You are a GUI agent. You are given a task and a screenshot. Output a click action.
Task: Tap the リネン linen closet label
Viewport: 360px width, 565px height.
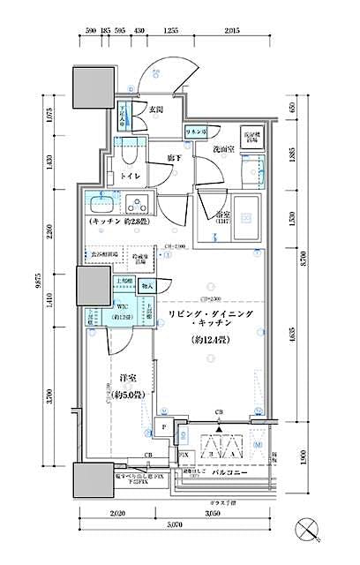[196, 132]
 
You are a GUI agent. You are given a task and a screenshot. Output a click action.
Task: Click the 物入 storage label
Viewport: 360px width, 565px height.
[146, 287]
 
